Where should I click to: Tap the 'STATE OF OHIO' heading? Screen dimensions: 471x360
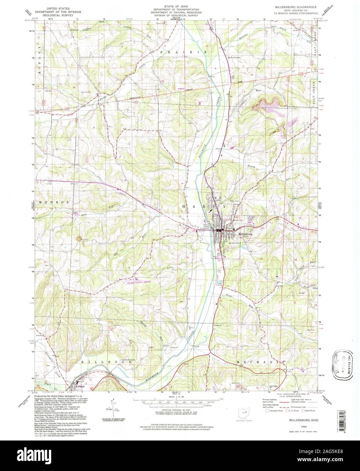(176, 7)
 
